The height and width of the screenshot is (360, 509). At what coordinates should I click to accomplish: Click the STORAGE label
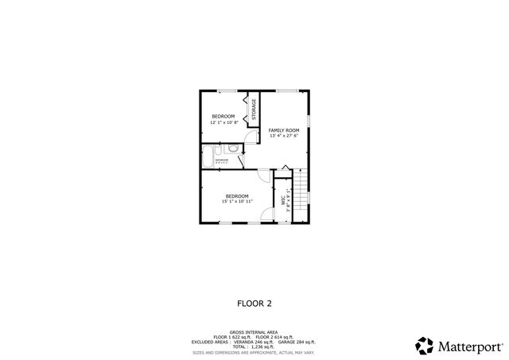coord(254,110)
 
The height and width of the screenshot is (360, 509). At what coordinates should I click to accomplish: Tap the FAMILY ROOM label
coord(283,130)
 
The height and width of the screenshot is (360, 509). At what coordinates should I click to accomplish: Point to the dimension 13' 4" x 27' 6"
coord(283,136)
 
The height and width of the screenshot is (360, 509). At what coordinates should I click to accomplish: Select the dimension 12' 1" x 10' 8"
coord(223,122)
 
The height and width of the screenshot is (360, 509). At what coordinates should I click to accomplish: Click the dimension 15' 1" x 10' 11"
coord(237,202)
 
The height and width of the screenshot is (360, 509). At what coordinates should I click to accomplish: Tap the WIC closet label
coord(284,202)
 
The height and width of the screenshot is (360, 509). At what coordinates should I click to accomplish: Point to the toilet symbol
coord(231,148)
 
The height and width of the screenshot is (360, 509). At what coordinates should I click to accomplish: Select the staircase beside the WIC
coord(300,194)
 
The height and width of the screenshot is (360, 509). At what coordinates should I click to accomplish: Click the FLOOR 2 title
coord(254,303)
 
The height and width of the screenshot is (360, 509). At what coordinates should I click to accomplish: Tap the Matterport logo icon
coord(424,346)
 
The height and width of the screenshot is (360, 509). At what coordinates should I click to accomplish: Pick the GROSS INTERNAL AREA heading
coord(254,331)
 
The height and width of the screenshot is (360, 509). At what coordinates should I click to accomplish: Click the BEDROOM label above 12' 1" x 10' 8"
coord(223,116)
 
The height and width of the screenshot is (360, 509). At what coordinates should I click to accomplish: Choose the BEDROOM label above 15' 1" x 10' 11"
coord(237,195)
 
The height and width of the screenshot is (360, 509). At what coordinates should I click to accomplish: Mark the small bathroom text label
coord(221,161)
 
